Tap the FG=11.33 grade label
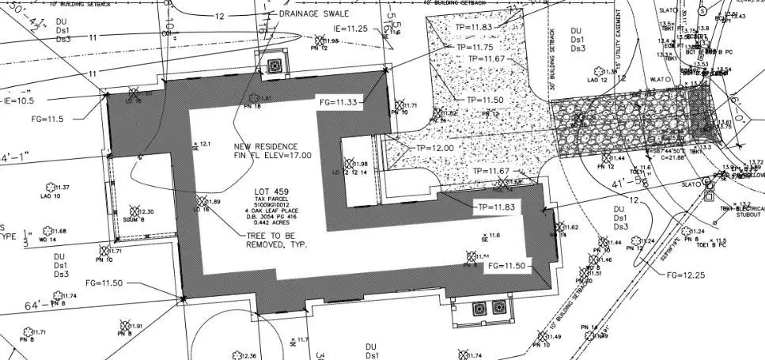pyautogui.click(x=339, y=102)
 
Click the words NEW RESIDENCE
pyautogui.click(x=265, y=147)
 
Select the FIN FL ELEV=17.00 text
pyautogui.click(x=272, y=156)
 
